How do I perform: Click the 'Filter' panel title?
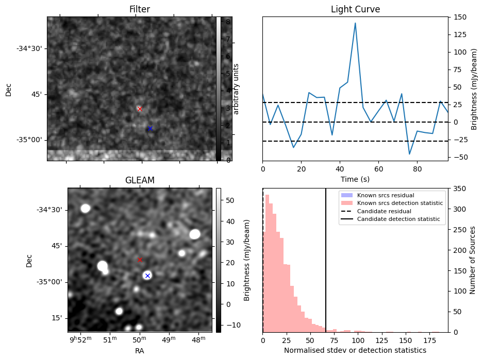pyautogui.click(x=140, y=9)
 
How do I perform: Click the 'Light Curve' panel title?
pyautogui.click(x=355, y=9)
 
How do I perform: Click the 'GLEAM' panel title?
pyautogui.click(x=140, y=180)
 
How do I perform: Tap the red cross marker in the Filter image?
pyautogui.click(x=140, y=109)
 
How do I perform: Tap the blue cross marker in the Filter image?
pyautogui.click(x=150, y=128)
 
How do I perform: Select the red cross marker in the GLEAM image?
pyautogui.click(x=140, y=260)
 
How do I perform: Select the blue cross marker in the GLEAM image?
pyautogui.click(x=147, y=276)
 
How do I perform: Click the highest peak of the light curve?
pyautogui.click(x=355, y=23)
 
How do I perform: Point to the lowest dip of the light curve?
pyautogui.click(x=410, y=154)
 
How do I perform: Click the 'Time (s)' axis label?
pyautogui.click(x=355, y=179)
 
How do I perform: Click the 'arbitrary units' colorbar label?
pyautogui.click(x=237, y=89)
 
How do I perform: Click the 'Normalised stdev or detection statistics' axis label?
pyautogui.click(x=355, y=350)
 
